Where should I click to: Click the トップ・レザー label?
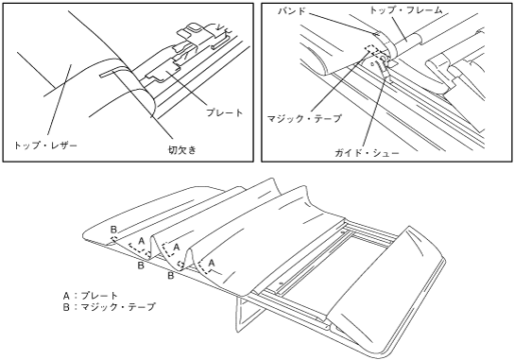pos(45,145)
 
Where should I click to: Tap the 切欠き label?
pos(182,150)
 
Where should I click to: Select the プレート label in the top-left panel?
pos(225,112)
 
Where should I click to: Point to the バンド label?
pos(291,10)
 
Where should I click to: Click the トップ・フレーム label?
pos(406,10)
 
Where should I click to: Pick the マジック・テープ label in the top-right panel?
pos(304,118)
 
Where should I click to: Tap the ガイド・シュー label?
pos(367,153)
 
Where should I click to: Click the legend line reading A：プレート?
pos(90,296)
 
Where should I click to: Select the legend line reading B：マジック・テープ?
pos(109,307)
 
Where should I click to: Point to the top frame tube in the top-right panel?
pos(405,42)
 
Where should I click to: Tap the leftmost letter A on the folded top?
pos(142,241)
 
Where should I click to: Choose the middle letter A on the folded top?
pos(177,247)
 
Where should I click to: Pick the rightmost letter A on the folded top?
pos(212,263)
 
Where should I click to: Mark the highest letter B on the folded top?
pos(113,230)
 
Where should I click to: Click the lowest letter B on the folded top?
pos(171,276)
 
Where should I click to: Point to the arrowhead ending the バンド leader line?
pos(377,33)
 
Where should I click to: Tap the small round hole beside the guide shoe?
pos(372,64)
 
